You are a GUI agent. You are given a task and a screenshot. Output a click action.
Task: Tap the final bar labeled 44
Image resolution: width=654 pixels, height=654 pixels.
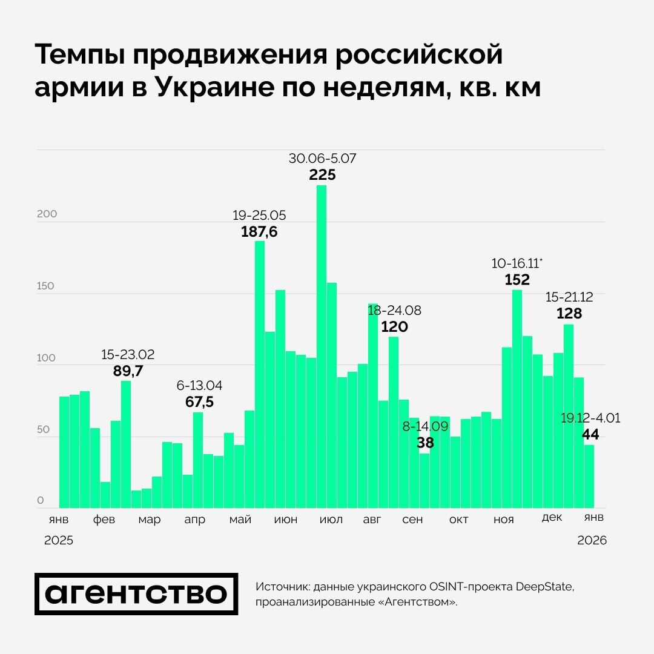pos(589,477)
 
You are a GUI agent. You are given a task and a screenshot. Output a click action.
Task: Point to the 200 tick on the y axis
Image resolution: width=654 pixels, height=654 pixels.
pos(47,214)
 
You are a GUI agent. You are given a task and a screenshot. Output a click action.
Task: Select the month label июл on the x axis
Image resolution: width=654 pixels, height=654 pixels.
pos(330,520)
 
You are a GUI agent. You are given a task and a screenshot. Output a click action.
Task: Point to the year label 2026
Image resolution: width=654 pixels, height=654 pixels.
pos(592,541)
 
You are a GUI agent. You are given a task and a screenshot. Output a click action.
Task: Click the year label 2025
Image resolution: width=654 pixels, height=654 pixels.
pos(59,541)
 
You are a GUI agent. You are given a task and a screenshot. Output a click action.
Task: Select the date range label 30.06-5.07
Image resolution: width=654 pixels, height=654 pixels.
pos(322,159)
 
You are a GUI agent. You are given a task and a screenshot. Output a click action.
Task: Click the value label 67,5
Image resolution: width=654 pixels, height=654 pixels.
pos(199,402)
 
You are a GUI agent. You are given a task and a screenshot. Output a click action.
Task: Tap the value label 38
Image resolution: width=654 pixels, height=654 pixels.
pos(425,443)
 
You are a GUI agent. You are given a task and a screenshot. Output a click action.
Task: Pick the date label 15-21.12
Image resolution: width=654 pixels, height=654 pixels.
pos(569,297)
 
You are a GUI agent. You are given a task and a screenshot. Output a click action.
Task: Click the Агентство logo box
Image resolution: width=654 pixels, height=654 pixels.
pos(136,593)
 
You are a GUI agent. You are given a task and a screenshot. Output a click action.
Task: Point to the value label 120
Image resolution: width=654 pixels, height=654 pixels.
pos(394,327)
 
